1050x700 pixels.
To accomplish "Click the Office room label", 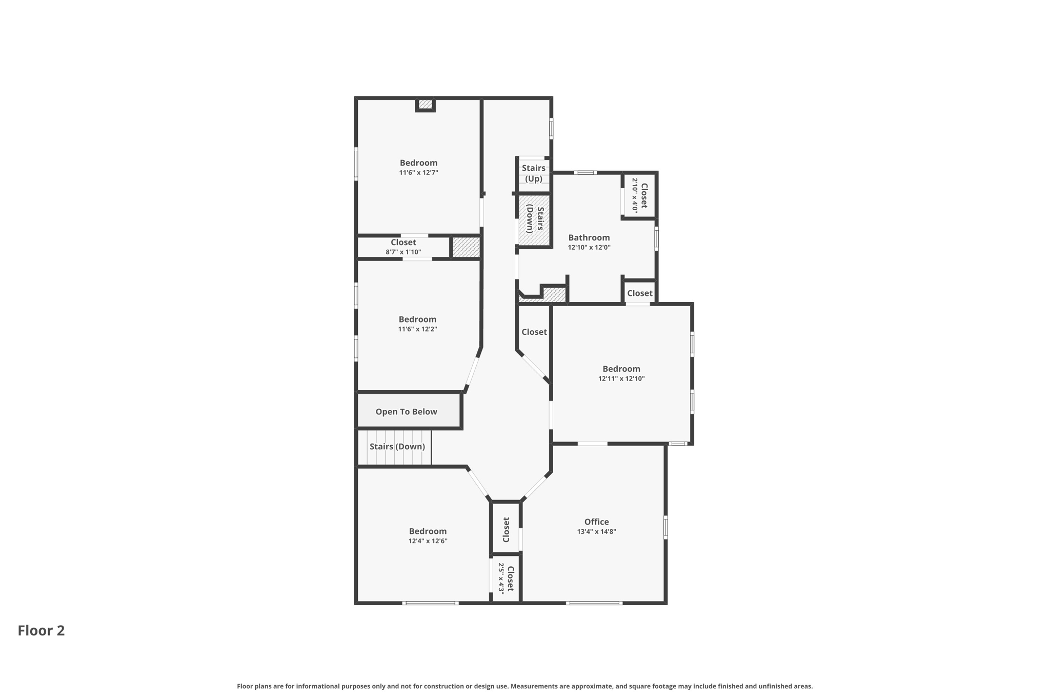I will (x=596, y=522).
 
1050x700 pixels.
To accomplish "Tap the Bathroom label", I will (x=589, y=237).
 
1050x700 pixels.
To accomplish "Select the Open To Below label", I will (x=406, y=412).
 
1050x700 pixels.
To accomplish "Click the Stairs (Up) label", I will (x=533, y=173).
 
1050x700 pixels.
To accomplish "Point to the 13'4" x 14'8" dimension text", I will (x=596, y=532).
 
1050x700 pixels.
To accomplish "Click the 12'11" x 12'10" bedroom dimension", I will (x=621, y=379).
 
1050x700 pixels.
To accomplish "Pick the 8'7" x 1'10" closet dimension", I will (x=403, y=252).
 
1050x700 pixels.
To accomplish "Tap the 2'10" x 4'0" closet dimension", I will (x=634, y=195).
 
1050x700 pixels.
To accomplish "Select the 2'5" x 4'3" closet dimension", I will (x=501, y=578).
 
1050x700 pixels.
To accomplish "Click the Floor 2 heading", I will (x=41, y=631).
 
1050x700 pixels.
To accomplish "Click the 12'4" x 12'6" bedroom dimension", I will (x=428, y=541).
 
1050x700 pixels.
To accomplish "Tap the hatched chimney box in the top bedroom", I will (x=425, y=104).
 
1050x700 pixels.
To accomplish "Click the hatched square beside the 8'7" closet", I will (x=466, y=247).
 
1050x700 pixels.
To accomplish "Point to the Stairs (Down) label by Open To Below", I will (x=397, y=447).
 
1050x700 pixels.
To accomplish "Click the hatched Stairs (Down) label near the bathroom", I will (x=535, y=219).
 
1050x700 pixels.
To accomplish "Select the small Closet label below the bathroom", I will (x=639, y=293).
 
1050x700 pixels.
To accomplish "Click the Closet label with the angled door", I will (x=534, y=332).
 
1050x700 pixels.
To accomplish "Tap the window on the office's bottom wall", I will (x=594, y=603).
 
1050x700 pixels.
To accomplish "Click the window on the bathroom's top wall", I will (x=585, y=173).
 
